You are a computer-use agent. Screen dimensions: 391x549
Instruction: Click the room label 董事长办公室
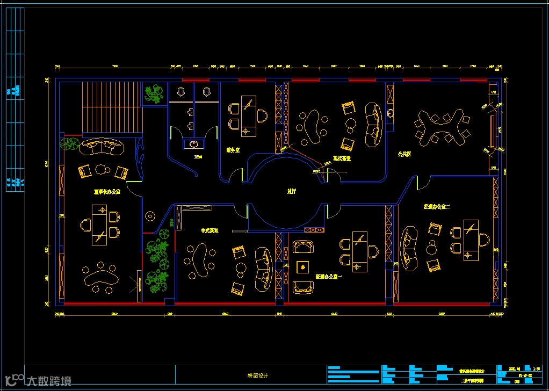coord(107,191)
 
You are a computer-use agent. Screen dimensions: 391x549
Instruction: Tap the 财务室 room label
coord(233,150)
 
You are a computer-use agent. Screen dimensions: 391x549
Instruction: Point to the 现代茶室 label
coord(342,158)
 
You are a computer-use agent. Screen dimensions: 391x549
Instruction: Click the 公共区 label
coord(404,154)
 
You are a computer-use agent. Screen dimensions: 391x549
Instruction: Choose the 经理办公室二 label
coord(437,206)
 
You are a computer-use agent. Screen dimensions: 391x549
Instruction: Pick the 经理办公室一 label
coord(328,277)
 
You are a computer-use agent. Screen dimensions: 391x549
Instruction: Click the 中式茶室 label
coord(210,230)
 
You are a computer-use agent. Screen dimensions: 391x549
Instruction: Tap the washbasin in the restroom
coord(194,143)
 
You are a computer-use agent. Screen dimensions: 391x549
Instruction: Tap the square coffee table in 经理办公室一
coord(304,267)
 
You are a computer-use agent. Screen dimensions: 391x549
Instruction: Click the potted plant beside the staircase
coord(154,94)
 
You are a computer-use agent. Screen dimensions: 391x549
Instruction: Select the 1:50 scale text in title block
coord(536,369)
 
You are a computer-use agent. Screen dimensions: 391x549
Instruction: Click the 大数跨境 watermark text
coord(48,381)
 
